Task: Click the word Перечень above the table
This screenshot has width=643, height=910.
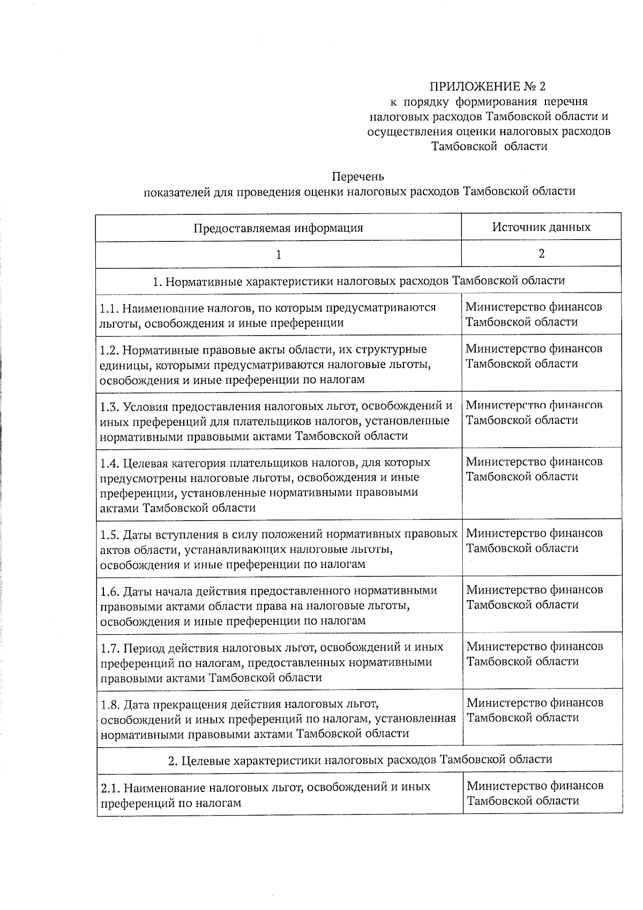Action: [x=358, y=176]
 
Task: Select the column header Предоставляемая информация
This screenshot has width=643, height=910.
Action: [x=278, y=228]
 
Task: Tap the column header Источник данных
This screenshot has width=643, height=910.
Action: [x=541, y=227]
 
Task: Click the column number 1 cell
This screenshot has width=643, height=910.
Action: [x=278, y=255]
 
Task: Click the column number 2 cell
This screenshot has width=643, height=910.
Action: [x=541, y=254]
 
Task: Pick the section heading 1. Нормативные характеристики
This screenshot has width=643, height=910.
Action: [x=358, y=280]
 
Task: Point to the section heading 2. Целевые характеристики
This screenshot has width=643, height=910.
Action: [x=360, y=759]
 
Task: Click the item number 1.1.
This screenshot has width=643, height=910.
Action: [x=108, y=308]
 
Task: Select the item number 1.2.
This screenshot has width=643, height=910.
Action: [x=109, y=350]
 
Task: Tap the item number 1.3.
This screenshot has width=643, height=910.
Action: [x=109, y=406]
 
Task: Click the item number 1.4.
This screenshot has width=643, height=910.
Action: [x=109, y=463]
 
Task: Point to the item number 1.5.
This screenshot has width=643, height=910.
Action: [x=109, y=535]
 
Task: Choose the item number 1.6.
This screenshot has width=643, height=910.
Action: [x=109, y=591]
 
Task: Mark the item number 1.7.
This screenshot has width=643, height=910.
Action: [x=109, y=647]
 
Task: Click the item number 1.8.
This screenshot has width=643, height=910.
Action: [x=109, y=704]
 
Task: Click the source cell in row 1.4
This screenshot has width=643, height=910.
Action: [x=534, y=469]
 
